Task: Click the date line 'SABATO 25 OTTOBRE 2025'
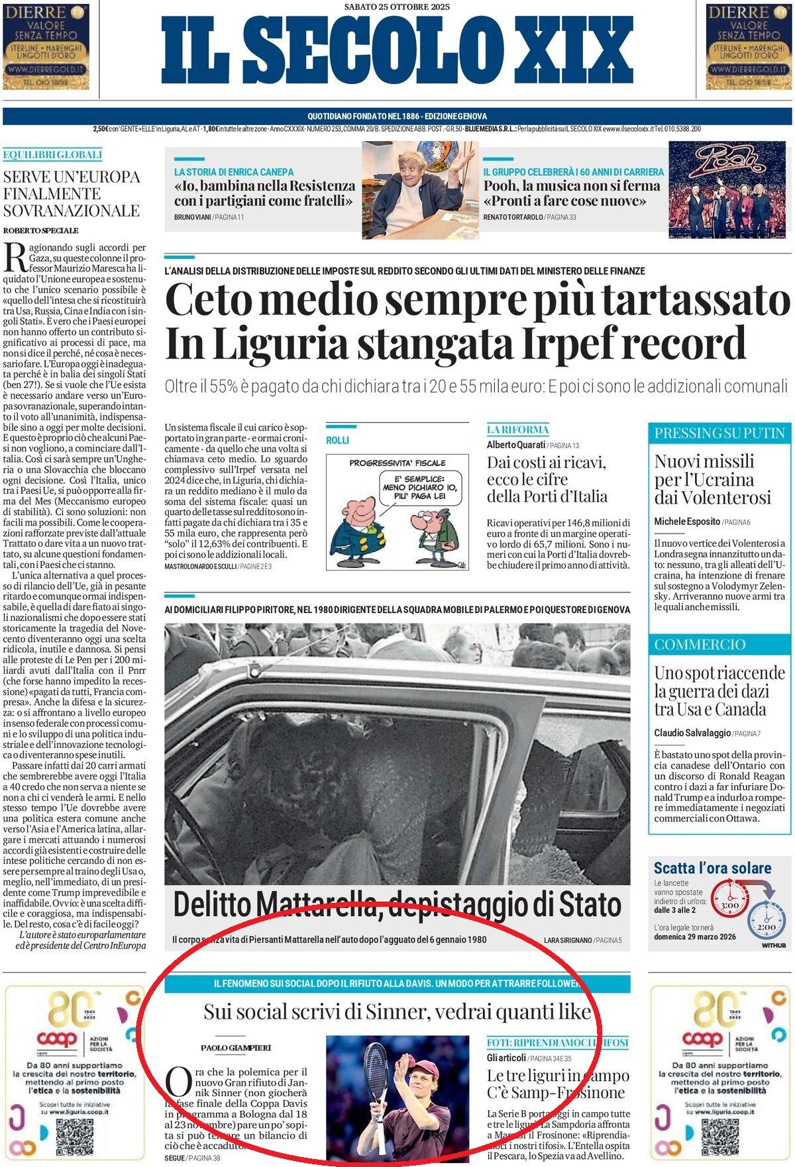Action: click(x=397, y=7)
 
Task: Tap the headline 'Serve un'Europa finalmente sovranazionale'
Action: click(x=72, y=194)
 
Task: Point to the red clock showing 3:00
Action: click(x=729, y=905)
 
